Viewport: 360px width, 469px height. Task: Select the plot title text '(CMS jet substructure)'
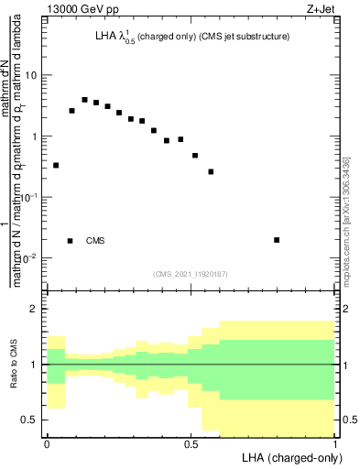pyautogui.click(x=237, y=36)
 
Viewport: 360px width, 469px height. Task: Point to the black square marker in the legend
pyautogui.click(x=71, y=241)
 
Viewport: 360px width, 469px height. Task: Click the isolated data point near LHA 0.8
pyautogui.click(x=277, y=240)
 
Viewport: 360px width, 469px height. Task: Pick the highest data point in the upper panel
pyautogui.click(x=84, y=100)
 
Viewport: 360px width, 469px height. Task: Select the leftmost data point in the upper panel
pyautogui.click(x=56, y=166)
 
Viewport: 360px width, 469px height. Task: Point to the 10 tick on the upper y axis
pyautogui.click(x=31, y=76)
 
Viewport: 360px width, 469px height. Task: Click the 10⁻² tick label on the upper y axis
pyautogui.click(x=29, y=257)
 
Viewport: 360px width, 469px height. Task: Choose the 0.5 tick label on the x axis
pyautogui.click(x=191, y=442)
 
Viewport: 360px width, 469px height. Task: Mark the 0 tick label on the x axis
pyautogui.click(x=47, y=442)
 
